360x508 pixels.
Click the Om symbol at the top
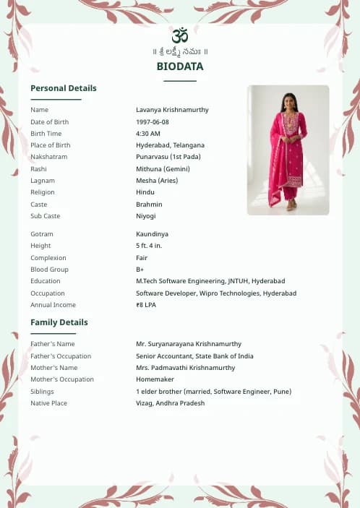point(180,35)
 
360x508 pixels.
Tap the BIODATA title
point(180,66)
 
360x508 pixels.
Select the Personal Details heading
point(64,88)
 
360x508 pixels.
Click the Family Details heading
point(59,322)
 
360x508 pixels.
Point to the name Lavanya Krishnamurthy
point(172,110)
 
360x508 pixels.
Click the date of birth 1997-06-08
point(153,122)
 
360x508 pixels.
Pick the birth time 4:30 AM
point(148,134)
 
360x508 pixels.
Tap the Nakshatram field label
point(48,157)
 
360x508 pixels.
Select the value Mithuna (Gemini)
point(163,169)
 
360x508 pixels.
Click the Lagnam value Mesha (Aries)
point(157,181)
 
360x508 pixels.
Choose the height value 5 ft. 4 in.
point(150,246)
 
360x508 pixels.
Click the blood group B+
point(140,270)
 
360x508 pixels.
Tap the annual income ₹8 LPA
point(146,305)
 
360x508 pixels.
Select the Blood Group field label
point(48,270)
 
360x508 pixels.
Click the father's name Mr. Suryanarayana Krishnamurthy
point(189,344)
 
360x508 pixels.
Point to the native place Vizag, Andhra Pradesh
point(170,403)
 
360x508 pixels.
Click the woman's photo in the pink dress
point(288,150)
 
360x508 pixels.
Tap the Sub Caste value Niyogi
point(145,216)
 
